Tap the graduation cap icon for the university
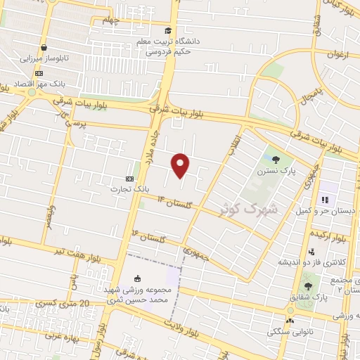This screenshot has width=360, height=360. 167,30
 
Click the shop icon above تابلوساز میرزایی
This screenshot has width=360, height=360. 44,48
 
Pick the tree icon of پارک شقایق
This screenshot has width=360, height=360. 308,286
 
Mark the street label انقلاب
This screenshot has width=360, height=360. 233,145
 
